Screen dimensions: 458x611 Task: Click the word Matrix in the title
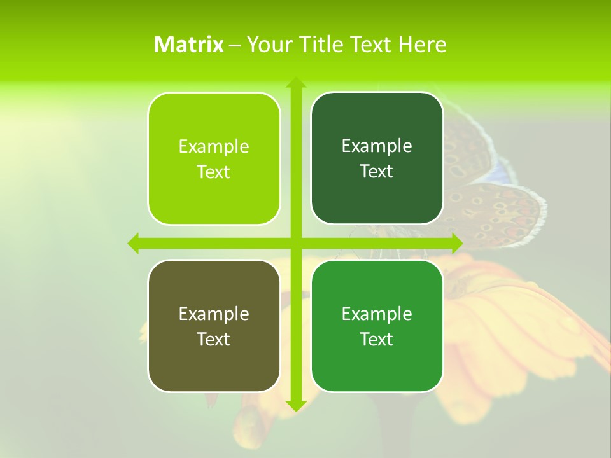[188, 45]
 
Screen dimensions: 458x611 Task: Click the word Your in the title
[270, 45]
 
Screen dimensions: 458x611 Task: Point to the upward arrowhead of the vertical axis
[295, 83]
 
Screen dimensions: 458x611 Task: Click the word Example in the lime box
[214, 147]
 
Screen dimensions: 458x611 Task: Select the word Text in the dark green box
[376, 172]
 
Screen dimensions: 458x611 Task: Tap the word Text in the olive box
[213, 340]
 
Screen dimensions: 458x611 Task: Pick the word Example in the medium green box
[377, 314]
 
